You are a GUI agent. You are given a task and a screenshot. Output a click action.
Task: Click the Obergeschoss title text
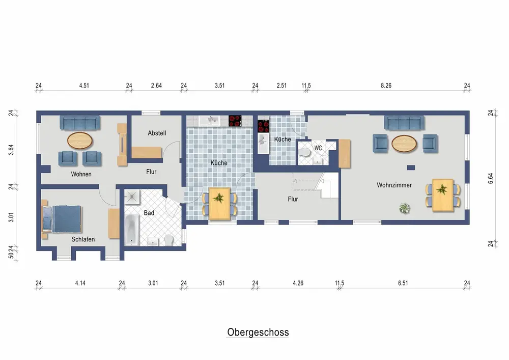click(x=258, y=333)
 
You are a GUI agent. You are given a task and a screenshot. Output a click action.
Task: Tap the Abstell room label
click(x=157, y=133)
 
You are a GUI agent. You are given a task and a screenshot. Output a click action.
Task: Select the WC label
click(x=318, y=148)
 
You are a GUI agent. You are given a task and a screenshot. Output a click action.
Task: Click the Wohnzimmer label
click(x=394, y=185)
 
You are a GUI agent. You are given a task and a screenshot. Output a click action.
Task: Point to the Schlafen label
click(x=83, y=239)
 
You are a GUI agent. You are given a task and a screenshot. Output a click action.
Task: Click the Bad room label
click(x=149, y=213)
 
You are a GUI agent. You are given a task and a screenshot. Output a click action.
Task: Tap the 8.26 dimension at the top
click(x=386, y=86)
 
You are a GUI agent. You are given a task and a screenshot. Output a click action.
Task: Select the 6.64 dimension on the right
click(x=491, y=178)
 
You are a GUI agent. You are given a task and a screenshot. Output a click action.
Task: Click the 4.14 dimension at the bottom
click(x=80, y=283)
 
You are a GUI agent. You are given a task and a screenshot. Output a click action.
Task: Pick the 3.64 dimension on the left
click(x=11, y=150)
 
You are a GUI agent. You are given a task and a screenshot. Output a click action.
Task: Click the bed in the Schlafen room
click(x=62, y=219)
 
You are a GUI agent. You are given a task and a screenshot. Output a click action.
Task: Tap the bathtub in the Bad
click(x=132, y=230)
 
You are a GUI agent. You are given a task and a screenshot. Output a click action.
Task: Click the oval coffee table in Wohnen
click(x=80, y=141)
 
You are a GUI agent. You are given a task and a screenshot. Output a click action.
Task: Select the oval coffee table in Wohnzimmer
click(x=404, y=144)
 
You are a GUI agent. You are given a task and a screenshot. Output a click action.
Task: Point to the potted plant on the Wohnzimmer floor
click(x=404, y=208)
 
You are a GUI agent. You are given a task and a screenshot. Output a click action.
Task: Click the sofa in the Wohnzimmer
click(x=404, y=123)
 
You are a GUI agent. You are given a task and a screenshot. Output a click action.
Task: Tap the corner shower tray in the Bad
click(x=132, y=197)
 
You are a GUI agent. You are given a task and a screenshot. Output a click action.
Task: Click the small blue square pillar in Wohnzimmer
click(x=411, y=168)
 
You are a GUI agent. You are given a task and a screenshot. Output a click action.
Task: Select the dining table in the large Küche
click(x=220, y=204)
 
